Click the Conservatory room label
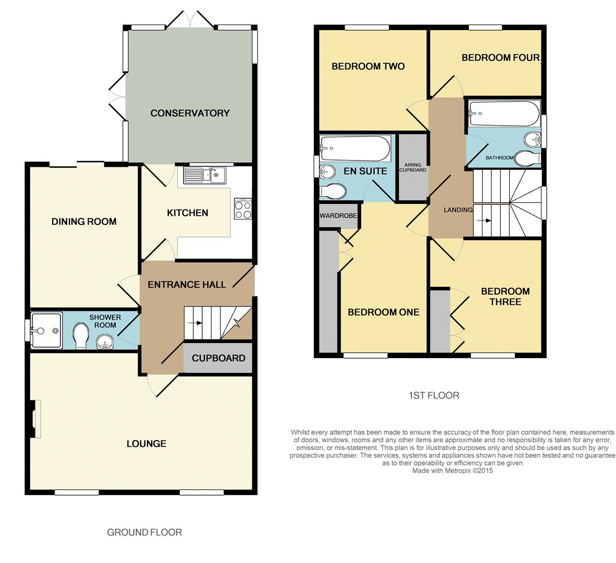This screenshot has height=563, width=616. click(x=190, y=113)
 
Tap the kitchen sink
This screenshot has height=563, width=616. click(x=204, y=175)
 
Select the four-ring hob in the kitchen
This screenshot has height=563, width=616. click(x=243, y=209)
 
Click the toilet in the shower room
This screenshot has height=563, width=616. click(x=81, y=335)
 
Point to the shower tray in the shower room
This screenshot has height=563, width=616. click(x=46, y=330)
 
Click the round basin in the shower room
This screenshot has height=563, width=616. click(x=105, y=341)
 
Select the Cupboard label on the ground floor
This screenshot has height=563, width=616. click(x=218, y=358)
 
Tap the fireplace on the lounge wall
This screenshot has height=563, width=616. click(x=36, y=419)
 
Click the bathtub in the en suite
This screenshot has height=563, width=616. click(x=355, y=148)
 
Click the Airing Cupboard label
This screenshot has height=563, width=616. click(x=413, y=167)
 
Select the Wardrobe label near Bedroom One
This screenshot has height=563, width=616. click(x=338, y=216)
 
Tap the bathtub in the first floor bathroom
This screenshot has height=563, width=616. click(x=504, y=114)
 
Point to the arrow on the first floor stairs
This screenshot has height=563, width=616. click(x=484, y=221)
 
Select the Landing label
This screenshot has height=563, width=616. click(x=458, y=210)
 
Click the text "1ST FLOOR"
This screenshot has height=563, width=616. click(x=434, y=395)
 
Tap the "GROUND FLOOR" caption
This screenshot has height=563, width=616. click(x=144, y=532)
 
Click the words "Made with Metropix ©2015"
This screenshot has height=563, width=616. click(x=452, y=470)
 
